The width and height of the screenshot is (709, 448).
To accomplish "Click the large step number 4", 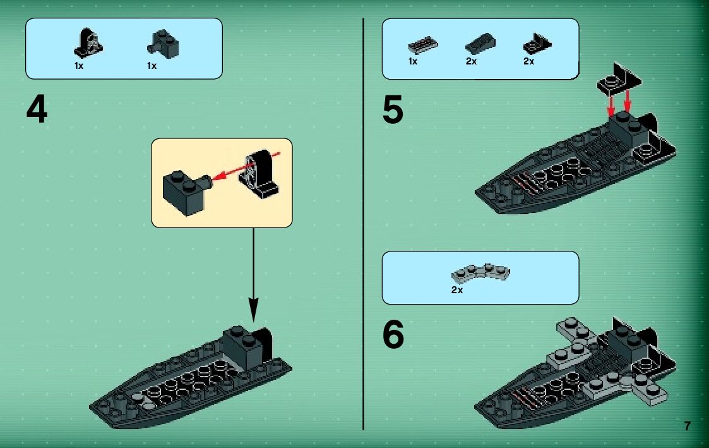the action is [x=37, y=110].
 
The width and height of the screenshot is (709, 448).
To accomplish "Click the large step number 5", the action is [x=393, y=110].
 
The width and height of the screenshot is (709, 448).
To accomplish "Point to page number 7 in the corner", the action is [x=688, y=426].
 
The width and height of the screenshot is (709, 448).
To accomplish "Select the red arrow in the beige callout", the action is [x=246, y=166].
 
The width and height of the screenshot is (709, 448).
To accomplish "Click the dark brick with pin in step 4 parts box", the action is [x=164, y=44].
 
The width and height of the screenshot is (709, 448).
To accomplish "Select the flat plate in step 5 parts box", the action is [x=423, y=45].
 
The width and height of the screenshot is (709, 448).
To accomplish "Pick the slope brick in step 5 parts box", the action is [x=480, y=44].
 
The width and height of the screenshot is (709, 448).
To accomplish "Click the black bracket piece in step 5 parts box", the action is [x=537, y=44].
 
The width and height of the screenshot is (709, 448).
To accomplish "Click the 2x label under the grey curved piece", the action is [x=457, y=290].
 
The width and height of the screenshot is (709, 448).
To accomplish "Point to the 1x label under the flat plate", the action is [x=413, y=61].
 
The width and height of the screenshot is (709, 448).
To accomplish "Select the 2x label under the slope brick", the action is [x=471, y=61].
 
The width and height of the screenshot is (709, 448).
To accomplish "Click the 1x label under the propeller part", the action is [x=79, y=66].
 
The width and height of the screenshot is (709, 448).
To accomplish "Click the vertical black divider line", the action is [x=363, y=224].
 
